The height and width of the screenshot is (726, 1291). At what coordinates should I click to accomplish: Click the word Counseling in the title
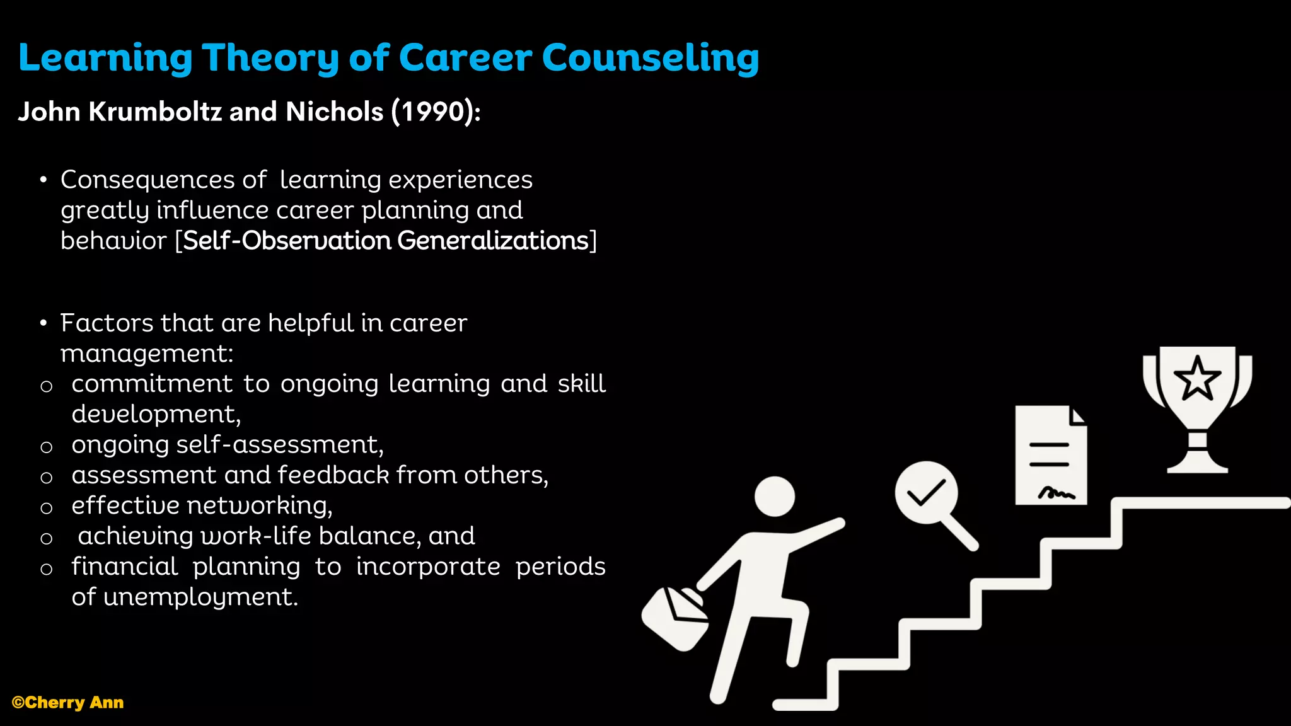[x=650, y=58]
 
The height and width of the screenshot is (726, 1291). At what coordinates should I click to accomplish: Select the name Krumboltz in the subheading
[x=155, y=112]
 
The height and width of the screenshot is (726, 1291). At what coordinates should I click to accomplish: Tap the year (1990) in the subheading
[x=436, y=112]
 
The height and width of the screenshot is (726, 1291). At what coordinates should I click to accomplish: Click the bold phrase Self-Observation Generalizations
[x=385, y=241]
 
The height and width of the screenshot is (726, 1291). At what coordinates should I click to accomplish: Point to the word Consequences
[x=148, y=180]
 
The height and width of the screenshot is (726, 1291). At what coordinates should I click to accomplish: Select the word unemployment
[x=200, y=597]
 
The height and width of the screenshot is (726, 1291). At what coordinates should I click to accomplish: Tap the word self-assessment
[x=279, y=445]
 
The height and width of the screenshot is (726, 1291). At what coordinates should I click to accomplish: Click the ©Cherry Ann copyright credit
[x=67, y=703]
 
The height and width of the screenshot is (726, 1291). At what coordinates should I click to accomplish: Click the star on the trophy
[x=1197, y=378]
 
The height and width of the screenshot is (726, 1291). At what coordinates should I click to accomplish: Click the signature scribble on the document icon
[x=1057, y=493]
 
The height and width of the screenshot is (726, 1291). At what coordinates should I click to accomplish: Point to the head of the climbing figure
[x=775, y=497]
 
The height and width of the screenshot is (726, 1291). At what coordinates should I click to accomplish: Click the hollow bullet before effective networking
[x=46, y=508]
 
